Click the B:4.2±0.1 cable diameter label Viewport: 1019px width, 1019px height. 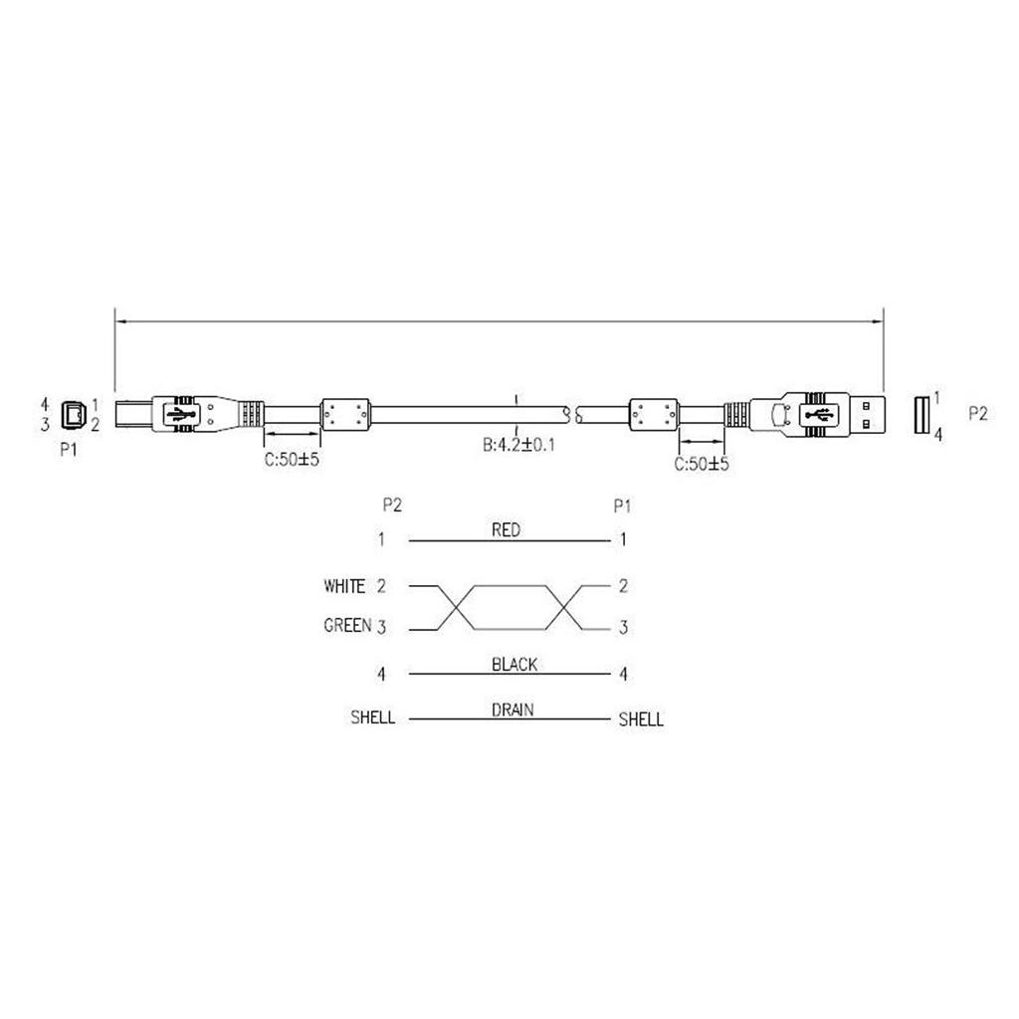[518, 445]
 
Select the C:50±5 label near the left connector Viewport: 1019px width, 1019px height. [292, 460]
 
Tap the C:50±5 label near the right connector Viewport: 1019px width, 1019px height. [702, 464]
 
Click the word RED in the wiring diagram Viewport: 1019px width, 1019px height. [506, 530]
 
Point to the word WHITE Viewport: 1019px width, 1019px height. [344, 586]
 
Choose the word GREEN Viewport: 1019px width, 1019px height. [347, 625]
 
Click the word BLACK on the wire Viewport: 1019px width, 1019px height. [514, 664]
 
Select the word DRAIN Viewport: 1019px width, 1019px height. [512, 710]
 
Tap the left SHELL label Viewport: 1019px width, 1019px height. [373, 717]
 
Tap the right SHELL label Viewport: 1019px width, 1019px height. [641, 719]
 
